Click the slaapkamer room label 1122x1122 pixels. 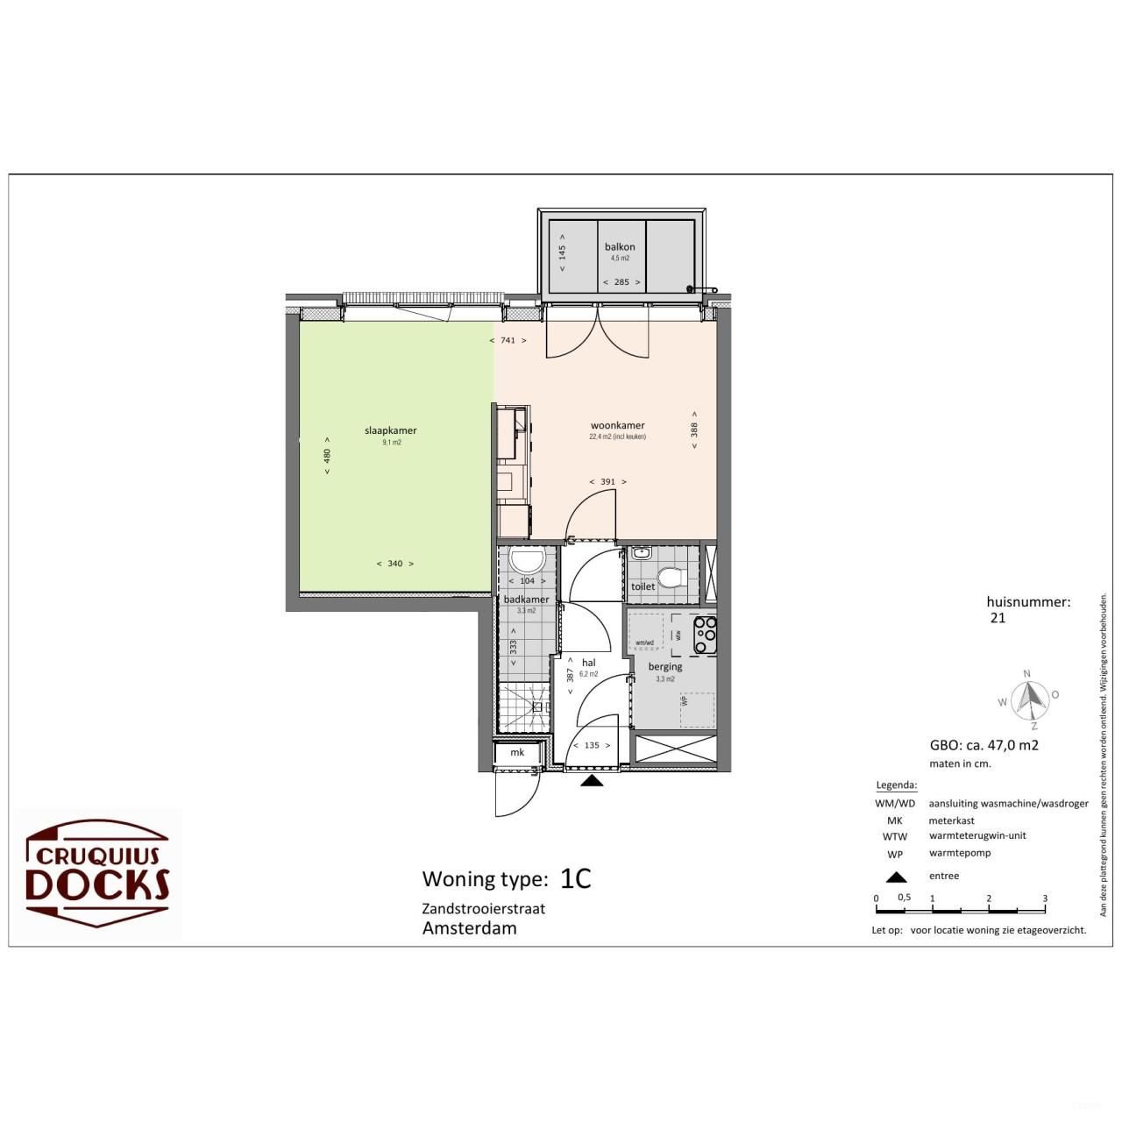(390, 430)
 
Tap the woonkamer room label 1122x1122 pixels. (617, 425)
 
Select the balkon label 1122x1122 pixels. (620, 247)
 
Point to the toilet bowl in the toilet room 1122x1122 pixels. (671, 578)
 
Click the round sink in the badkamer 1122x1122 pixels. (527, 561)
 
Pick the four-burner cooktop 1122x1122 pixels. (706, 636)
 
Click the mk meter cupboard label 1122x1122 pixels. (517, 752)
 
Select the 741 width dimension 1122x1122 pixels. (508, 340)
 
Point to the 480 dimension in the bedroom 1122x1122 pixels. (327, 456)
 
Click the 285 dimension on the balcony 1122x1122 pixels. (621, 282)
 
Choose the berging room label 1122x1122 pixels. (665, 666)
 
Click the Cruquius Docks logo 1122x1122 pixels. (98, 872)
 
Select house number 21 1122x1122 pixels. (998, 617)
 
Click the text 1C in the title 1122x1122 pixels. (576, 878)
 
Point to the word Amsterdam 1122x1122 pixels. (469, 928)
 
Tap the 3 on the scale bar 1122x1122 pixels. (1045, 898)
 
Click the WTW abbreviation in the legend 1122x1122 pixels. (894, 836)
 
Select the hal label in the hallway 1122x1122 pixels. (589, 663)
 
